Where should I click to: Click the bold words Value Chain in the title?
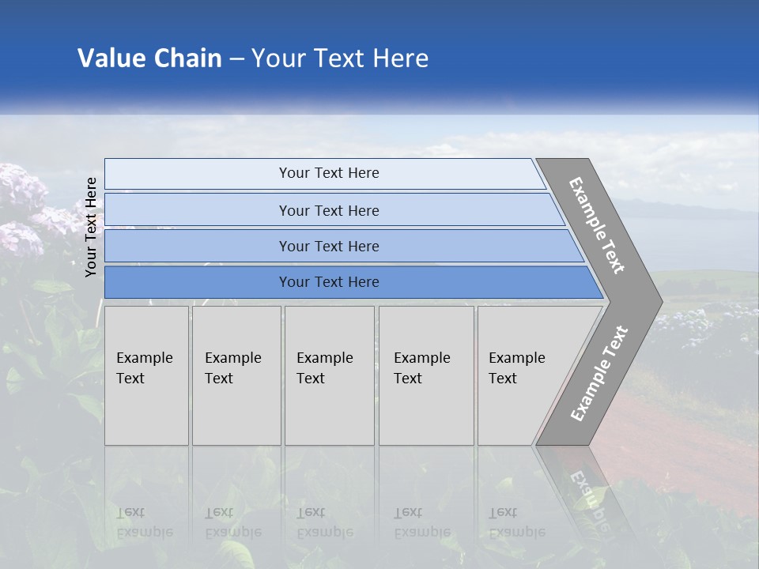pyautogui.click(x=149, y=58)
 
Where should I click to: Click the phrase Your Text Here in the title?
pyautogui.click(x=340, y=58)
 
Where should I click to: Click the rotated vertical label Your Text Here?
pyautogui.click(x=91, y=227)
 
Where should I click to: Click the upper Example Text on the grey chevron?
pyautogui.click(x=597, y=225)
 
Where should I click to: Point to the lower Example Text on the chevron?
pyautogui.click(x=599, y=374)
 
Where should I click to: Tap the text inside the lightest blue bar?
pyautogui.click(x=329, y=173)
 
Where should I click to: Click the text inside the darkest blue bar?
pyautogui.click(x=329, y=282)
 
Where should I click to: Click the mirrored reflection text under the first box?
pyautogui.click(x=145, y=522)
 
